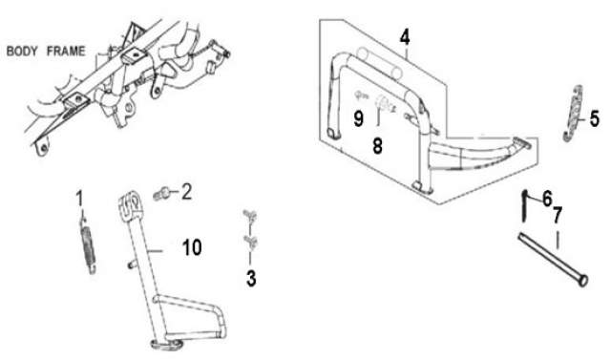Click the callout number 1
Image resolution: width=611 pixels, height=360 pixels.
click(x=79, y=199)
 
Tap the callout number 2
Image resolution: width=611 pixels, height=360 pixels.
click(x=187, y=192)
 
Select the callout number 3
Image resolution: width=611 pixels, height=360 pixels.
click(x=251, y=279)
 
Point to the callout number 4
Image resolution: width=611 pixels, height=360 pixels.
click(x=405, y=37)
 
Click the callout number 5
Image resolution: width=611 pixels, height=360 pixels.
click(x=594, y=118)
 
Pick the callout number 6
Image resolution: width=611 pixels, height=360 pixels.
click(x=547, y=199)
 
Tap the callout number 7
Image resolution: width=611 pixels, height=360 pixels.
click(x=558, y=215)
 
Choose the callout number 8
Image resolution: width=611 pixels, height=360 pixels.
click(x=377, y=146)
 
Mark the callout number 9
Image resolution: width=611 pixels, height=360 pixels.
click(x=359, y=118)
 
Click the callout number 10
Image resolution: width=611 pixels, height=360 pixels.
click(x=192, y=247)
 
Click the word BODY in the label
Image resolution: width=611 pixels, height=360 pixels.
click(x=22, y=51)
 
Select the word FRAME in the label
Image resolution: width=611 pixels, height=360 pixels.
click(x=66, y=51)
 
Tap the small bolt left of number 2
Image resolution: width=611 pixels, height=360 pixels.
click(x=161, y=194)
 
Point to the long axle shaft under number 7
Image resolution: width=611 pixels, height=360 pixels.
click(x=553, y=259)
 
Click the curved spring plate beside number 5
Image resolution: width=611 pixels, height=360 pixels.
click(x=573, y=114)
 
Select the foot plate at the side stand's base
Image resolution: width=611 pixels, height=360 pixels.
click(x=165, y=343)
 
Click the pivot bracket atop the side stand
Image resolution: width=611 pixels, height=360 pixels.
click(x=129, y=204)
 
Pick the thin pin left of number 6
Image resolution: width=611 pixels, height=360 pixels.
click(x=525, y=206)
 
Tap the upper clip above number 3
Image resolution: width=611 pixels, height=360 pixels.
click(x=249, y=216)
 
